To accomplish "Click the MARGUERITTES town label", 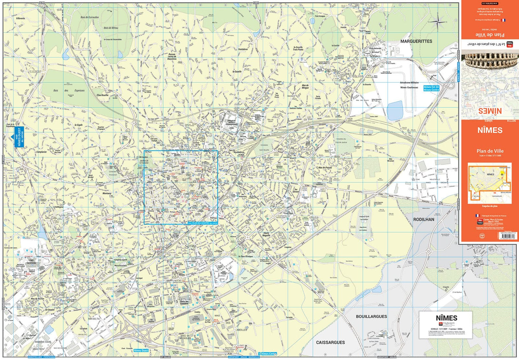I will click(x=416, y=41).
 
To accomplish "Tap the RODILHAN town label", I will click(x=424, y=219).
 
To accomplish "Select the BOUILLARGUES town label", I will click(x=371, y=316).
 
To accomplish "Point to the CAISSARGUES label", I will click(x=330, y=342).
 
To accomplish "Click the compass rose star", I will click(x=438, y=22).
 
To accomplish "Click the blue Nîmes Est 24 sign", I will click(x=431, y=88).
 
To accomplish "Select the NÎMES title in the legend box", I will click(x=446, y=318).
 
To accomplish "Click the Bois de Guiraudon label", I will click(x=90, y=17).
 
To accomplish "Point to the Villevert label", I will click(x=20, y=18).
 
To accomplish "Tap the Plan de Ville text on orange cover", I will click(x=490, y=151).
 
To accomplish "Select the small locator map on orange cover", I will click(x=490, y=183).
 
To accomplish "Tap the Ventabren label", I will click(x=243, y=49).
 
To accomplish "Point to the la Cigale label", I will click(x=79, y=125).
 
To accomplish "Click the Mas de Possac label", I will click(x=325, y=168).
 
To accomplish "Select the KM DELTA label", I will click(x=94, y=319).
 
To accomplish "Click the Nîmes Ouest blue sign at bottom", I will click(x=141, y=350).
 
